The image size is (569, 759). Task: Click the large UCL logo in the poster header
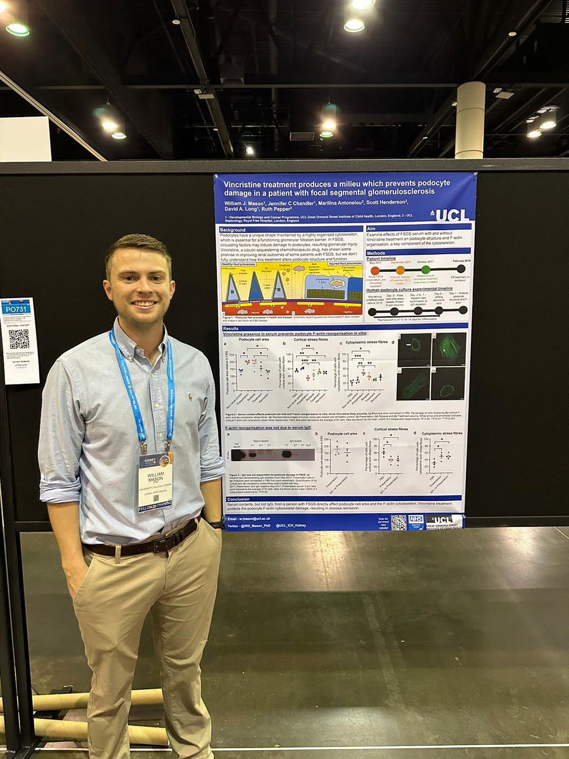[x=451, y=215]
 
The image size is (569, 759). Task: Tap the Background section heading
[x=233, y=229]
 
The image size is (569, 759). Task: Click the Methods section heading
[x=379, y=252]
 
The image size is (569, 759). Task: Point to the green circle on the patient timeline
[x=425, y=269]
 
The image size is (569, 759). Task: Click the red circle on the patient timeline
[x=375, y=270]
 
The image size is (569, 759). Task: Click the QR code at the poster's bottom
[x=398, y=522]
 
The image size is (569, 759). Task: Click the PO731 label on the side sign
[x=16, y=308]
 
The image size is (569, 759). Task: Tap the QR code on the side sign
[x=19, y=339]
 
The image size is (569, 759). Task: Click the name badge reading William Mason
[x=155, y=480]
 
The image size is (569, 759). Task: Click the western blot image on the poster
[x=272, y=454]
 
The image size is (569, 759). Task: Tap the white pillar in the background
[x=470, y=120]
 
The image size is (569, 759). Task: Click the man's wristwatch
[x=217, y=524]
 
